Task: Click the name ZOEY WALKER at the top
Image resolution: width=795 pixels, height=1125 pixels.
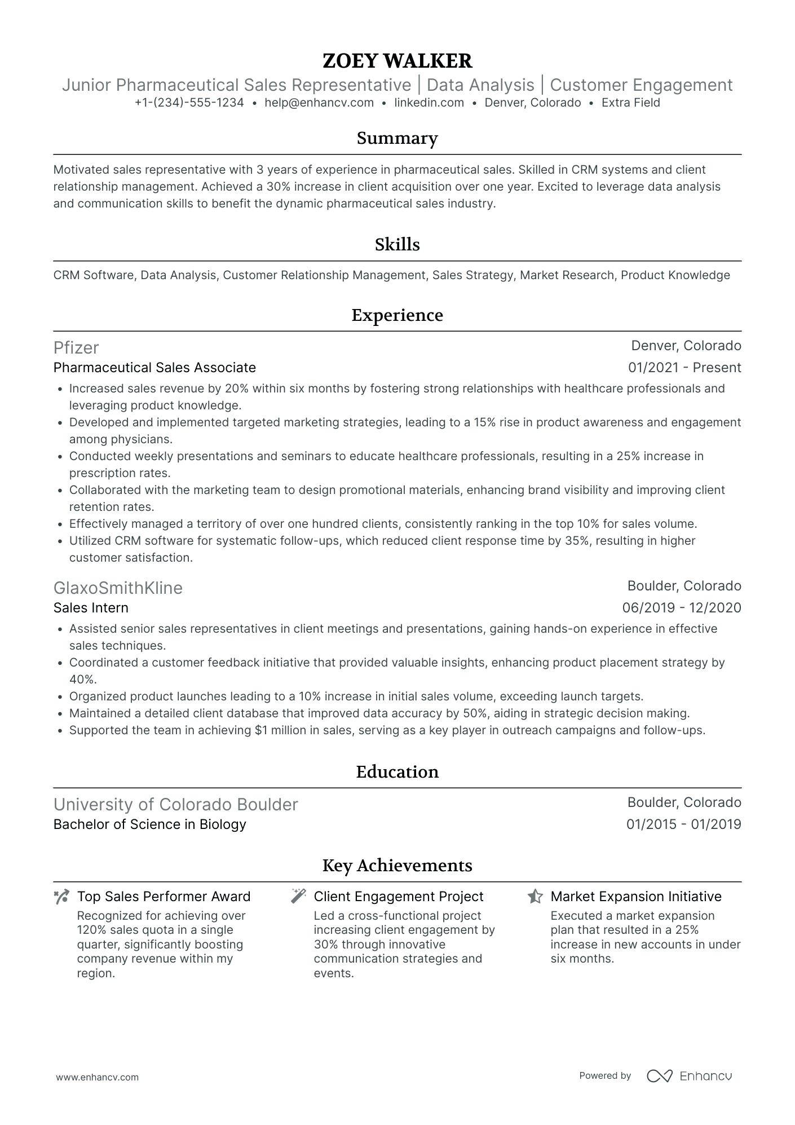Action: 397,61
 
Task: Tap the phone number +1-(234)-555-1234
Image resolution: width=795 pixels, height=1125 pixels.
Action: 189,103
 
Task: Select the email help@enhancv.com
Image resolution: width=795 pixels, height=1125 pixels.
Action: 319,103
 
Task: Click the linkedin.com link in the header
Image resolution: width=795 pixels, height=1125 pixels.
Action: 429,103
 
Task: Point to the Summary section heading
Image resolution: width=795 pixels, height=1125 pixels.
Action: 397,139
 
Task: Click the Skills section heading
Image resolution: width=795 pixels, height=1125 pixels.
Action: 397,245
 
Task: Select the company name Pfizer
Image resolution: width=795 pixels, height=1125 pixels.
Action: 76,347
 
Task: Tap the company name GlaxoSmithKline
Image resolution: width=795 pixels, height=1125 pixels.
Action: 118,588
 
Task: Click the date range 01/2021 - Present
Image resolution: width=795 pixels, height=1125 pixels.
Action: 684,368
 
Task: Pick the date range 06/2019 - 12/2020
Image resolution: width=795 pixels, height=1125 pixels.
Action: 682,608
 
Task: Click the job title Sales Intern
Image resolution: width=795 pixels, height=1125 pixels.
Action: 91,608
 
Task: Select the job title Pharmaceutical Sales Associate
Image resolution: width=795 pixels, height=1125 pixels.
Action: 154,368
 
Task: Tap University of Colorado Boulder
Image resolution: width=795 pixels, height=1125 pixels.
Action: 175,804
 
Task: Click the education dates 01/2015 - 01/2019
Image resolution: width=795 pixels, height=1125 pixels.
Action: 683,824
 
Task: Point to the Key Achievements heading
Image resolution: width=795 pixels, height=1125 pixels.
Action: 397,866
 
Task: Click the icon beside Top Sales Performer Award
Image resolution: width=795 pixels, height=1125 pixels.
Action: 61,897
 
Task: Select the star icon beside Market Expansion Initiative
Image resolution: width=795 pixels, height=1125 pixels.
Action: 535,897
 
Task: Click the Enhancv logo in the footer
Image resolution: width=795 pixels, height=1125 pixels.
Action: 689,1076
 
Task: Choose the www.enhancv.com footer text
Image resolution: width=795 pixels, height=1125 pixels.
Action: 98,1077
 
